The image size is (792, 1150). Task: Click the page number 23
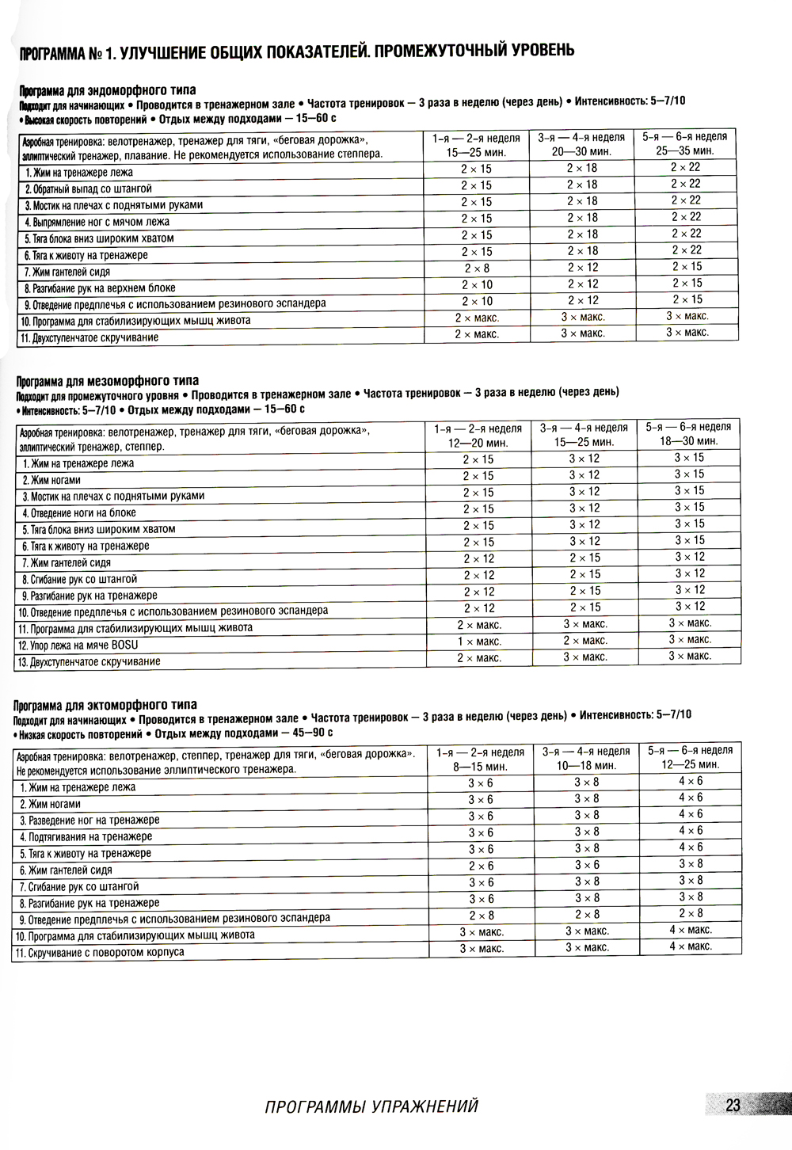733,1105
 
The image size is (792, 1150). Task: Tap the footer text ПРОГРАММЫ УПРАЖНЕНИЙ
371,1106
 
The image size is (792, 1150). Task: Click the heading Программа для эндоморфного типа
108,90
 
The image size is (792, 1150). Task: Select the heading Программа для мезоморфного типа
108,381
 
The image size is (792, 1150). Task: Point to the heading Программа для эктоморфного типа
105,705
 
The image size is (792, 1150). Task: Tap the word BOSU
124,645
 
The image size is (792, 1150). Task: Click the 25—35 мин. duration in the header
684,150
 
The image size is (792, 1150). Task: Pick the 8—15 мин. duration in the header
480,767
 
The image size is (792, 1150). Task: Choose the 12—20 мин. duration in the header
478,444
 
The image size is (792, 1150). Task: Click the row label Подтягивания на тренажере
86,837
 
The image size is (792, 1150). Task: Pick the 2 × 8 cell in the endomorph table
477,268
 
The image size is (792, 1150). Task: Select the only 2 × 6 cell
481,866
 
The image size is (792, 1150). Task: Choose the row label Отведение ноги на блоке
79,513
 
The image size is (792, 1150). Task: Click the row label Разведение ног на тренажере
89,821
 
